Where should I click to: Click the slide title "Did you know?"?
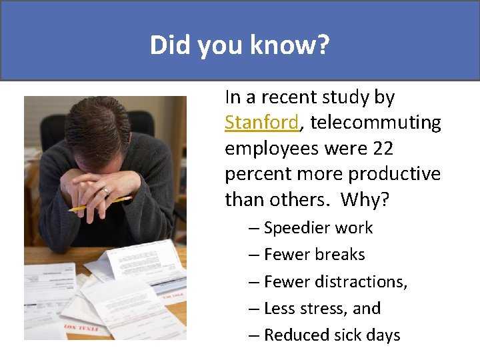239,45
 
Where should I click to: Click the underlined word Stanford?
261,123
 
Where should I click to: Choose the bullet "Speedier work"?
318,228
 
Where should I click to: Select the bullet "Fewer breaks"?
314,255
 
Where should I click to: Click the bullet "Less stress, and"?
322,308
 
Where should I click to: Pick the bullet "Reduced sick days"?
331,335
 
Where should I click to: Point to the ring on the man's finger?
105,191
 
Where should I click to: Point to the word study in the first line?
348,97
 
